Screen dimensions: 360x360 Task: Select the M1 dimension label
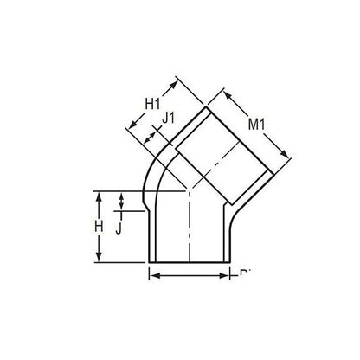[257, 126]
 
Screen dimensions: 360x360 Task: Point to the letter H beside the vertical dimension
[101, 227]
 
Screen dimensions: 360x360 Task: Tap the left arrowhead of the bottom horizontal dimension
[152, 276]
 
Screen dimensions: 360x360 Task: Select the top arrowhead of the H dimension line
[101, 195]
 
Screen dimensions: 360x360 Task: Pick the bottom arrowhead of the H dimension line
[101, 259]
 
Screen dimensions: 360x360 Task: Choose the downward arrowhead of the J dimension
[122, 208]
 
